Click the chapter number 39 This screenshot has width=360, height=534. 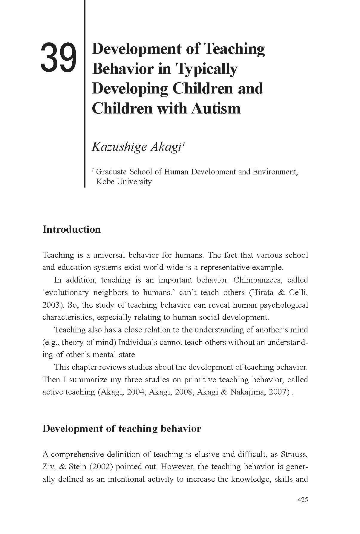(59, 58)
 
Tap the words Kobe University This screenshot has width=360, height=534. (124, 182)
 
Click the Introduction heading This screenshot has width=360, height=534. (72, 229)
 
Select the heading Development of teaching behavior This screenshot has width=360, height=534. (122, 429)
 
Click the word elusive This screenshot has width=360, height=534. (207, 454)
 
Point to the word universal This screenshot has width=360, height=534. (109, 255)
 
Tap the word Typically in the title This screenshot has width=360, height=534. (206, 69)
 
